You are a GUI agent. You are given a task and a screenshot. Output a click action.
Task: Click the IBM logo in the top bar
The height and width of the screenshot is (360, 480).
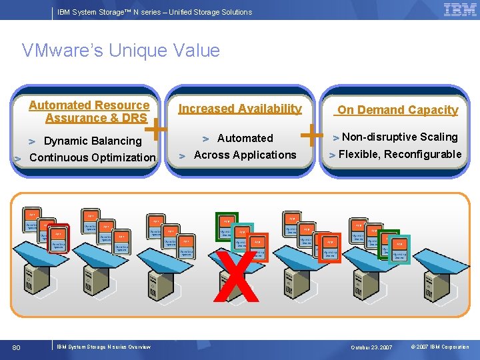pyautogui.click(x=459, y=10)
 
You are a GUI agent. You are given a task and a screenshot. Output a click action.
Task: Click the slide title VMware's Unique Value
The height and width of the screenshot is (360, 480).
pyautogui.click(x=121, y=51)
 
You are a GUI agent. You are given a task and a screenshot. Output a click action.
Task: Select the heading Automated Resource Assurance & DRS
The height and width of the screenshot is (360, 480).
pyautogui.click(x=89, y=111)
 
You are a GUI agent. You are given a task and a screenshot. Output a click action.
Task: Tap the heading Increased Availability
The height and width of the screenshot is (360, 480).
pyautogui.click(x=240, y=109)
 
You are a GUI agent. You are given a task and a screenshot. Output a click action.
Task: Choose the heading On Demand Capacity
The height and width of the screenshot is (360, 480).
pyautogui.click(x=397, y=110)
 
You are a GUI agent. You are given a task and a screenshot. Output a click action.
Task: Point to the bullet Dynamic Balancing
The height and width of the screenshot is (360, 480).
pyautogui.click(x=92, y=141)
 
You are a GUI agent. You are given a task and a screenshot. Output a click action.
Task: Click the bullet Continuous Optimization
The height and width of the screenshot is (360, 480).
pyautogui.click(x=92, y=157)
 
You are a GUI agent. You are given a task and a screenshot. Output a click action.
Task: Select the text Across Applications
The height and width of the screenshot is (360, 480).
pyautogui.click(x=245, y=155)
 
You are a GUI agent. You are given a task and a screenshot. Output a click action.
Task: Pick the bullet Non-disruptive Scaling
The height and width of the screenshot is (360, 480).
pyautogui.click(x=399, y=137)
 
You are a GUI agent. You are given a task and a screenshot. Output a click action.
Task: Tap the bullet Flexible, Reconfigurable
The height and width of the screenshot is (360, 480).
pyautogui.click(x=400, y=154)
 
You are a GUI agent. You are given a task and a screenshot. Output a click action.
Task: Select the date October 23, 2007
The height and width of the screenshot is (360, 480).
pyautogui.click(x=372, y=347)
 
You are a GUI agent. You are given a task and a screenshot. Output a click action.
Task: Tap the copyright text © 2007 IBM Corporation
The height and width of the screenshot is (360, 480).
pyautogui.click(x=440, y=347)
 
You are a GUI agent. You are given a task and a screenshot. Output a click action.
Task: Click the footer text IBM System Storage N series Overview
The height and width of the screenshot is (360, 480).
pyautogui.click(x=103, y=347)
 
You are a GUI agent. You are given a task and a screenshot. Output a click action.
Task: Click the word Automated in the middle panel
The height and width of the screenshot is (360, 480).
pyautogui.click(x=245, y=138)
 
